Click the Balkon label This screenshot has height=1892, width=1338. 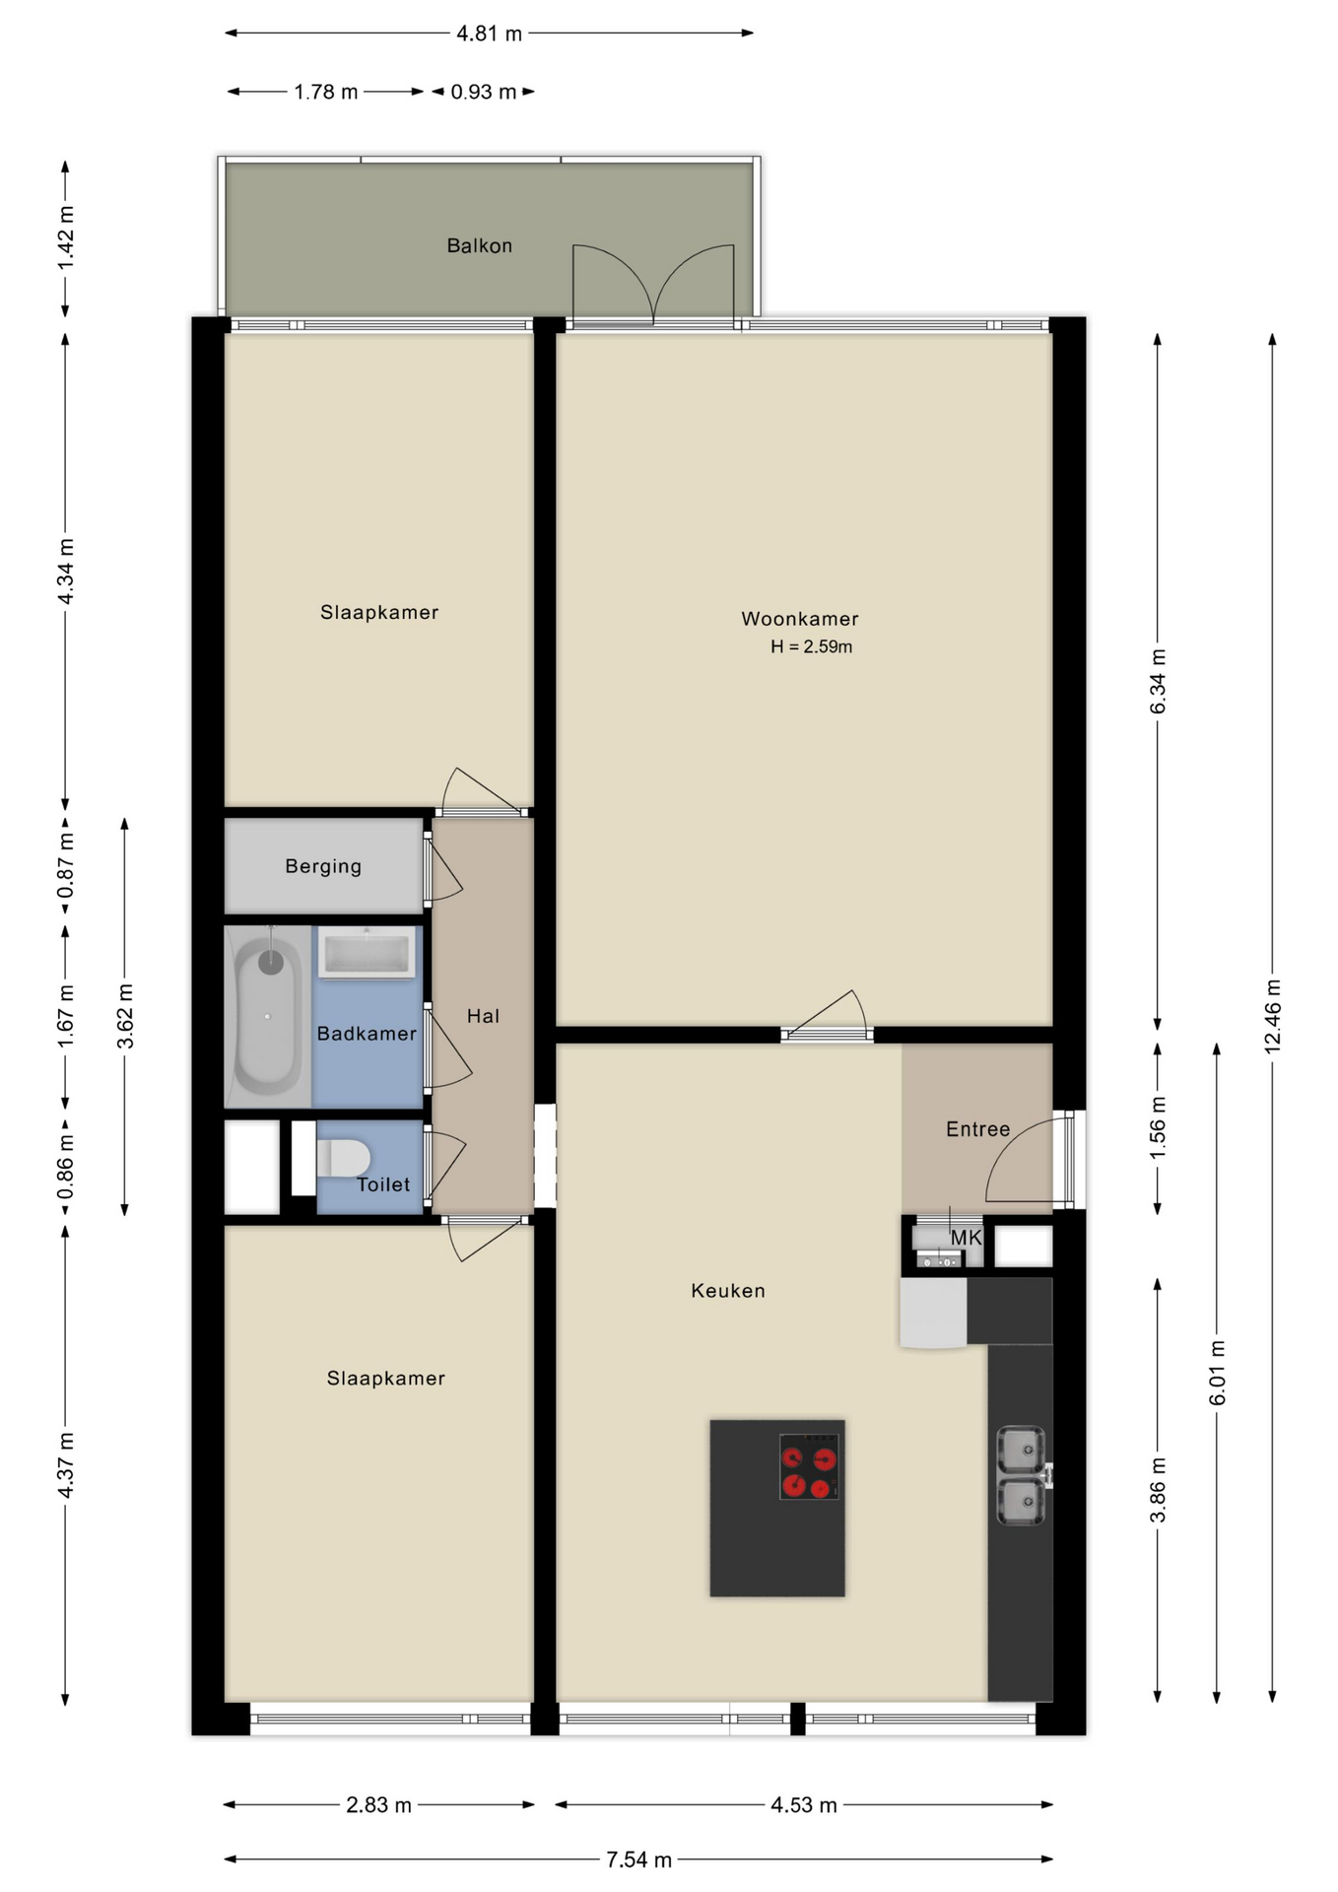(x=479, y=246)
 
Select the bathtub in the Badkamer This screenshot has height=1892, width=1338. (x=267, y=1015)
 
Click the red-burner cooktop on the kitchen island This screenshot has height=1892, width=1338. (x=809, y=1466)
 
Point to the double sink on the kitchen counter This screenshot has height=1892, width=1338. (x=1021, y=1475)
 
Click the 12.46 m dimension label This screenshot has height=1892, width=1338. (x=1272, y=1016)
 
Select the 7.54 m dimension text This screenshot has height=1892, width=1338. (x=638, y=1859)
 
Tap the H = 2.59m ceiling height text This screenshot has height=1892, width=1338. (x=811, y=647)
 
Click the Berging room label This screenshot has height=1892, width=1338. (x=323, y=867)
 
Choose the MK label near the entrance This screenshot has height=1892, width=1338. (x=966, y=1238)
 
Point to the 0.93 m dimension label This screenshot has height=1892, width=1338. (x=483, y=93)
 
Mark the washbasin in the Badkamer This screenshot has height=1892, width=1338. (x=366, y=953)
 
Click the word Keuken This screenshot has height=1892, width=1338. (x=727, y=1291)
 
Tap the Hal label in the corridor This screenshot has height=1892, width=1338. (x=483, y=1017)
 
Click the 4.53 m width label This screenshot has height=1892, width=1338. (x=803, y=1805)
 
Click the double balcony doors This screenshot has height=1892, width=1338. (x=653, y=286)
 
